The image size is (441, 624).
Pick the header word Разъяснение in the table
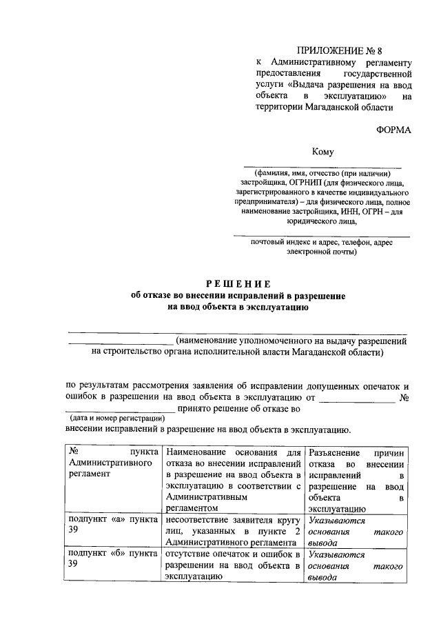pyautogui.click(x=335, y=452)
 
